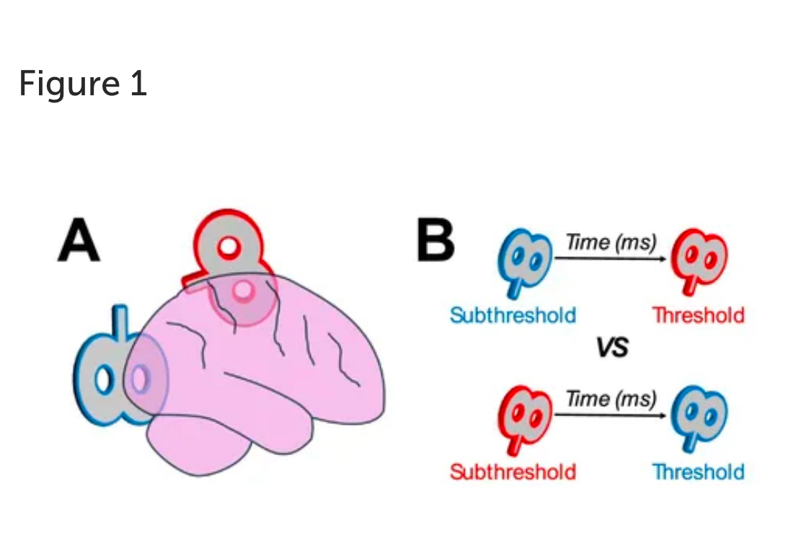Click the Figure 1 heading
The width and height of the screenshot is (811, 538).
coord(83,84)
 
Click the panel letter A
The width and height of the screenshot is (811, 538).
coord(79,242)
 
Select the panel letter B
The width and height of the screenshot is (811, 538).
coord(435,242)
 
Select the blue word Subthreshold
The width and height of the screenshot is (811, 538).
coord(513,315)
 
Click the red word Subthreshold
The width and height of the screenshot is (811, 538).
coord(513,472)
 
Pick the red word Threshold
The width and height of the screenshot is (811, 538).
coord(698,315)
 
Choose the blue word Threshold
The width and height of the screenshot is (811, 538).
coord(698,472)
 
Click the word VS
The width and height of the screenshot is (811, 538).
coord(612,349)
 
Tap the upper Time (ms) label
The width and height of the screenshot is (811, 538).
coord(611,242)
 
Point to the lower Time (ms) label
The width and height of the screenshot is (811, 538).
coord(611,398)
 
